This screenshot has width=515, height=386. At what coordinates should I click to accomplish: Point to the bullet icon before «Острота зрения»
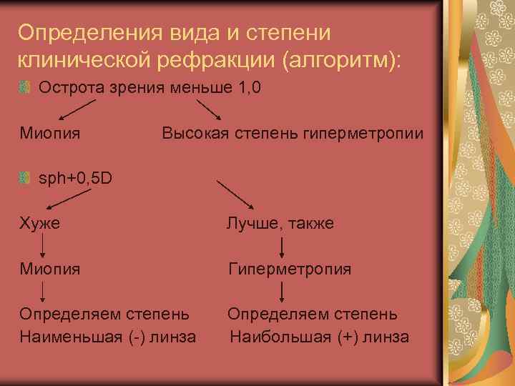point(26,88)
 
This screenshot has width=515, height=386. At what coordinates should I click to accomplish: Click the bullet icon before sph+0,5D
point(26,177)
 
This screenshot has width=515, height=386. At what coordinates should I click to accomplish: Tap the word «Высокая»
point(192,133)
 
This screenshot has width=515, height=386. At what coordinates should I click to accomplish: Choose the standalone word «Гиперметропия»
point(289,269)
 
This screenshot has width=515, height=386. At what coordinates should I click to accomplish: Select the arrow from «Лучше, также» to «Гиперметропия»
point(284,247)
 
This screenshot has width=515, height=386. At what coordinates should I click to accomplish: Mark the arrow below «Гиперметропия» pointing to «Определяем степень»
point(284,291)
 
